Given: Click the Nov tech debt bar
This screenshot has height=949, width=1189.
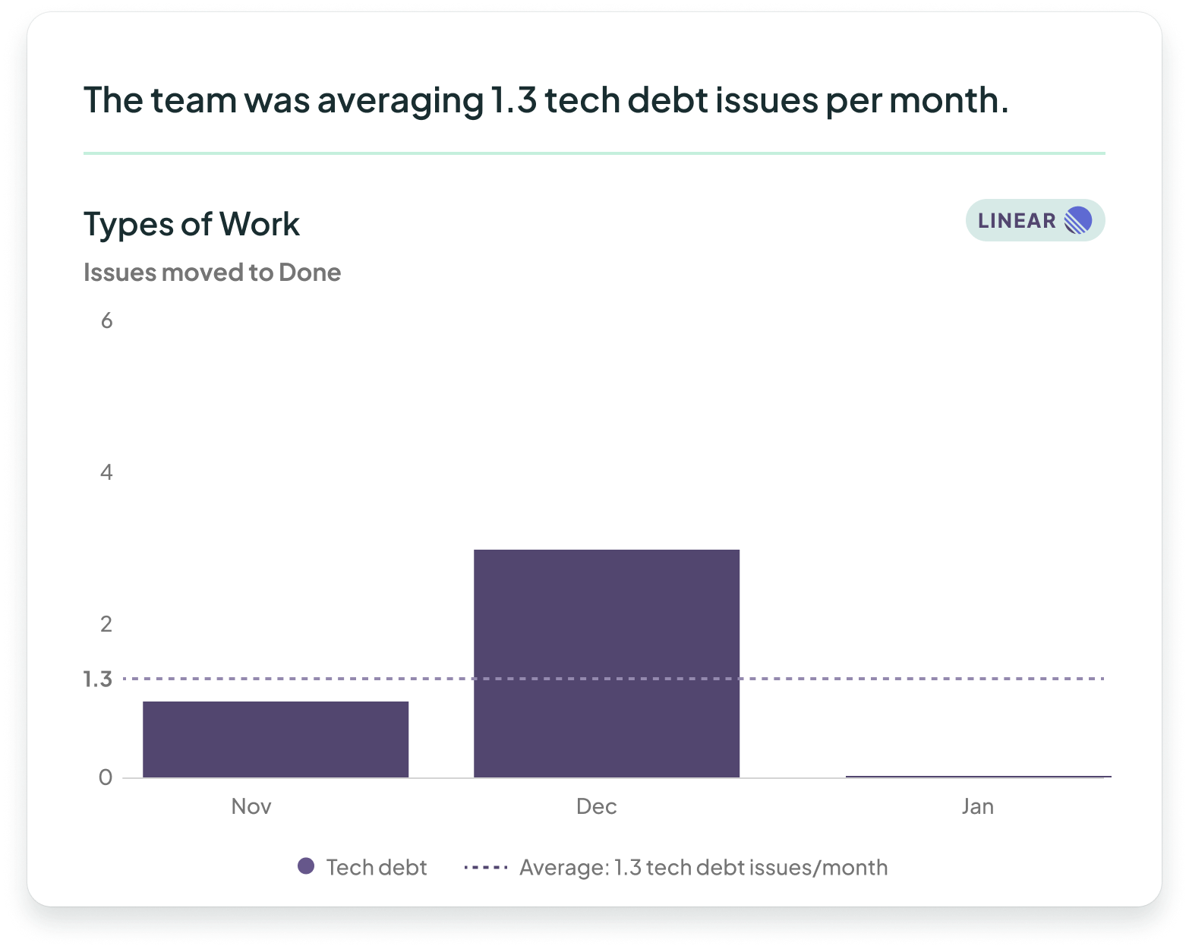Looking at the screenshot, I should [276, 739].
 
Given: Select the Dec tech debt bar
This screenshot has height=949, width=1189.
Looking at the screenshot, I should [607, 663].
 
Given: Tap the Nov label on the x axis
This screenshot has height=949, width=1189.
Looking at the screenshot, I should [251, 806].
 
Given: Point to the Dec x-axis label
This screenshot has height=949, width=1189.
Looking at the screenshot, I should [597, 806].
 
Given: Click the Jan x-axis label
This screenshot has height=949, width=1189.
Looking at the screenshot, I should [977, 806].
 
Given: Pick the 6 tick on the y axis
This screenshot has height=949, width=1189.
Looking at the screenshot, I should [106, 321].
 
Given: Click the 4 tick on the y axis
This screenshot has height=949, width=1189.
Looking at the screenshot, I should [106, 473].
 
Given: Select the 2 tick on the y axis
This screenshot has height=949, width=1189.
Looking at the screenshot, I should [106, 624].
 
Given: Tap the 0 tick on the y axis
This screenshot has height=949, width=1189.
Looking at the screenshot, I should [106, 777].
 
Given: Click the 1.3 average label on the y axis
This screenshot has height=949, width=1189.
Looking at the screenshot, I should [98, 679].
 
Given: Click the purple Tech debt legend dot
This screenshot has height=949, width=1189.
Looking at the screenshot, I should [306, 866].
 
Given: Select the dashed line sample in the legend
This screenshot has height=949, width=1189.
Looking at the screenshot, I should [486, 867].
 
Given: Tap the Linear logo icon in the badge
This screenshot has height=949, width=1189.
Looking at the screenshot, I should [1078, 221].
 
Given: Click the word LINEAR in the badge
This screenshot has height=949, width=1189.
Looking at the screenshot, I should [1017, 221].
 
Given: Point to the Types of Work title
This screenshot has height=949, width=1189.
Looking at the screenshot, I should [191, 225].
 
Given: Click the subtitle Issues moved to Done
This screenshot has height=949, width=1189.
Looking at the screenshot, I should [212, 273].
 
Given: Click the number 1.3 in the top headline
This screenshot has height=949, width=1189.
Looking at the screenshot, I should [513, 100].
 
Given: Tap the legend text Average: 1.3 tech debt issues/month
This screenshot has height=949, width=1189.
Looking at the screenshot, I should [703, 868].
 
